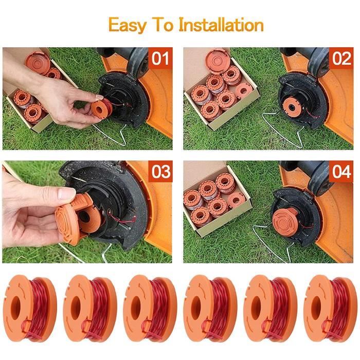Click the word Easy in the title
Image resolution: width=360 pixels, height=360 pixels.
[x=127, y=25]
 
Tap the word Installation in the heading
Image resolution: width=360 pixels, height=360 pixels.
[x=221, y=24]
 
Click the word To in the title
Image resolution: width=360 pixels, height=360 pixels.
[x=164, y=24]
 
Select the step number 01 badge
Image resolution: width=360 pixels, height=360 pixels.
[x=160, y=58]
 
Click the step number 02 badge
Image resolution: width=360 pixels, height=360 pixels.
[x=341, y=58]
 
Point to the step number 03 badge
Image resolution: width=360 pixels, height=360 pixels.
[x=160, y=171]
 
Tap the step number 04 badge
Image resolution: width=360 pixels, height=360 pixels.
[x=341, y=171]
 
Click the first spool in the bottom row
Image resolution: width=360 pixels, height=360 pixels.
[x=30, y=309]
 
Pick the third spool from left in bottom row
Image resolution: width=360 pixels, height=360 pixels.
[x=150, y=309]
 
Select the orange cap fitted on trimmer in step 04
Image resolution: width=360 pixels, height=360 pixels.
[x=285, y=221]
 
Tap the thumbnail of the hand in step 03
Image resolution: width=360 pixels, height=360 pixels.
[x=66, y=193]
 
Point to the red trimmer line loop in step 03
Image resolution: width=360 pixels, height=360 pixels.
[x=121, y=219]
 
